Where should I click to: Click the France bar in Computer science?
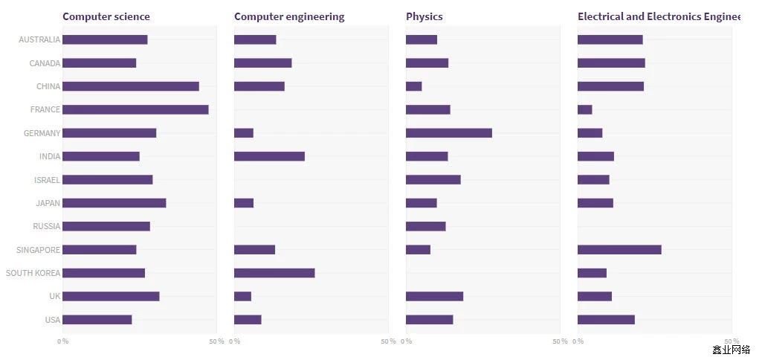[x=135, y=109]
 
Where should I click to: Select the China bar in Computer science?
[x=131, y=86]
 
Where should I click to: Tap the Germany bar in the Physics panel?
[x=449, y=133]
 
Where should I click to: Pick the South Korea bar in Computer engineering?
[x=274, y=273]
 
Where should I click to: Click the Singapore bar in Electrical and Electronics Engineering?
[x=619, y=250]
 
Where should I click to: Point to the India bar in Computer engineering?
[x=269, y=156]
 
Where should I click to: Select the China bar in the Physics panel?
[x=414, y=86]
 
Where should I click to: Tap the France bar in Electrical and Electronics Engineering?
[x=585, y=109]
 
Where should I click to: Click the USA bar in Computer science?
[x=97, y=320]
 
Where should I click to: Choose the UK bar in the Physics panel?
[x=434, y=296]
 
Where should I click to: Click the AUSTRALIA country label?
[x=39, y=39]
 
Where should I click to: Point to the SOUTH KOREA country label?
[x=33, y=273]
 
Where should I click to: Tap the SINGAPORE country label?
[x=38, y=250]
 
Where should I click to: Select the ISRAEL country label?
[x=46, y=180]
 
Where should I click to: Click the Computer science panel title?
[x=106, y=16]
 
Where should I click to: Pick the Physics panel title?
[x=424, y=16]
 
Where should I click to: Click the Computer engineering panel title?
[x=289, y=16]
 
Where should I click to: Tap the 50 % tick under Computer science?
[x=216, y=341]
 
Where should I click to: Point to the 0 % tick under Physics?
[x=407, y=341]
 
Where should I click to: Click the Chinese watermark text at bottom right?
[x=731, y=350]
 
